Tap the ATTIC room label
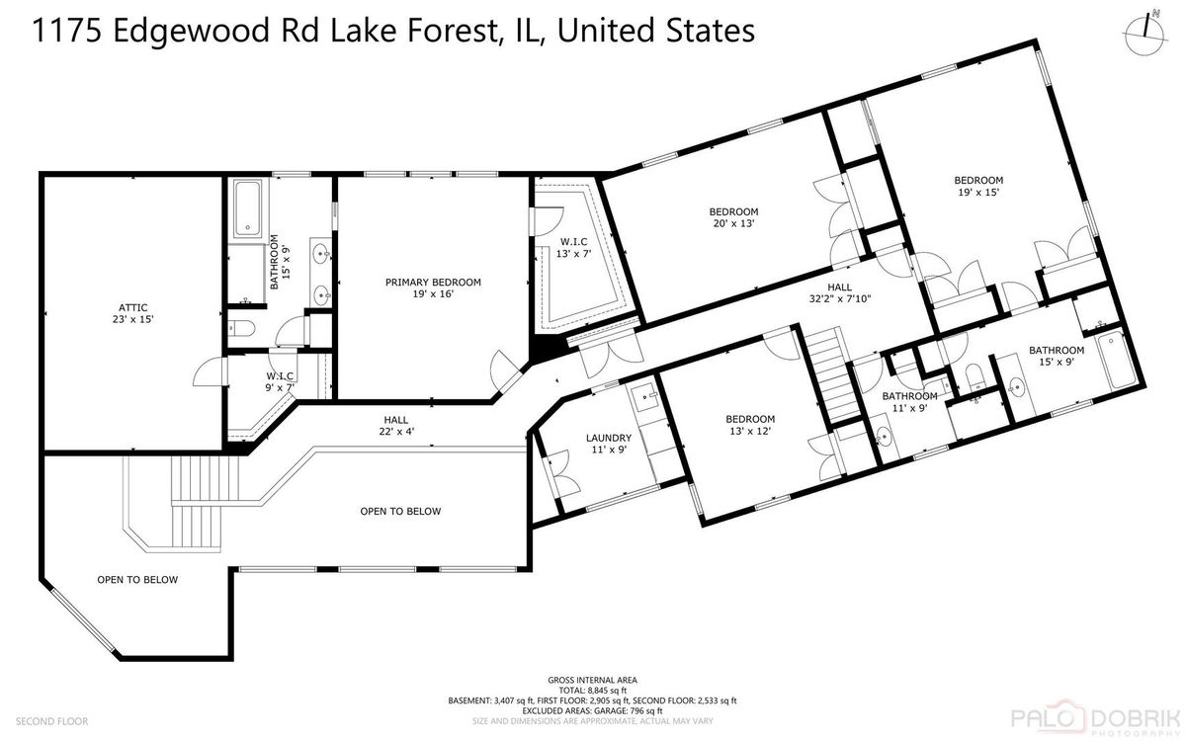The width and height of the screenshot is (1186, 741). point(132,307)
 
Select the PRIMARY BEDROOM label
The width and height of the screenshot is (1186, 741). point(433,283)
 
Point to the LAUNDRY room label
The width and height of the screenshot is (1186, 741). point(609,438)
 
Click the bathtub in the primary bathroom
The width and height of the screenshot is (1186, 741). point(247,207)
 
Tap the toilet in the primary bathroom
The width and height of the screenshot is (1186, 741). point(241,329)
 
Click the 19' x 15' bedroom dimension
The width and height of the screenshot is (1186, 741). point(978,192)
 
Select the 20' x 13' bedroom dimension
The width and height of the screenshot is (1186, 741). point(733,223)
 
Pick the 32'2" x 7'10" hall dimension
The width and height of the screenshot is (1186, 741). point(840,298)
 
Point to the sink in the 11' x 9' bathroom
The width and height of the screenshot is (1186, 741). point(884,437)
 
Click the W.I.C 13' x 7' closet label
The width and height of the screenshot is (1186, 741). point(573,248)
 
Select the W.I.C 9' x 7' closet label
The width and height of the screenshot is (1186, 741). point(280,381)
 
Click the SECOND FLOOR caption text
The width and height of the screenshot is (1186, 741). point(51,721)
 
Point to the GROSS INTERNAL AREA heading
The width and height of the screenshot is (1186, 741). point(592,680)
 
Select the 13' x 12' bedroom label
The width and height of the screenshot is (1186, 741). point(750,425)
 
